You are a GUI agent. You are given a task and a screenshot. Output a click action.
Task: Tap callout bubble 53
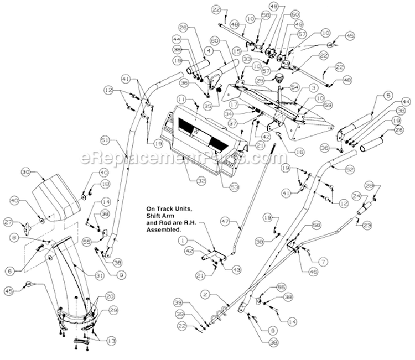click(x=234, y=188)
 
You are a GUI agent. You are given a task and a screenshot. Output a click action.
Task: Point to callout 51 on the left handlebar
click(x=105, y=139)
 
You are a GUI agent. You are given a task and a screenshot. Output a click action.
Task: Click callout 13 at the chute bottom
click(x=111, y=341)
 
